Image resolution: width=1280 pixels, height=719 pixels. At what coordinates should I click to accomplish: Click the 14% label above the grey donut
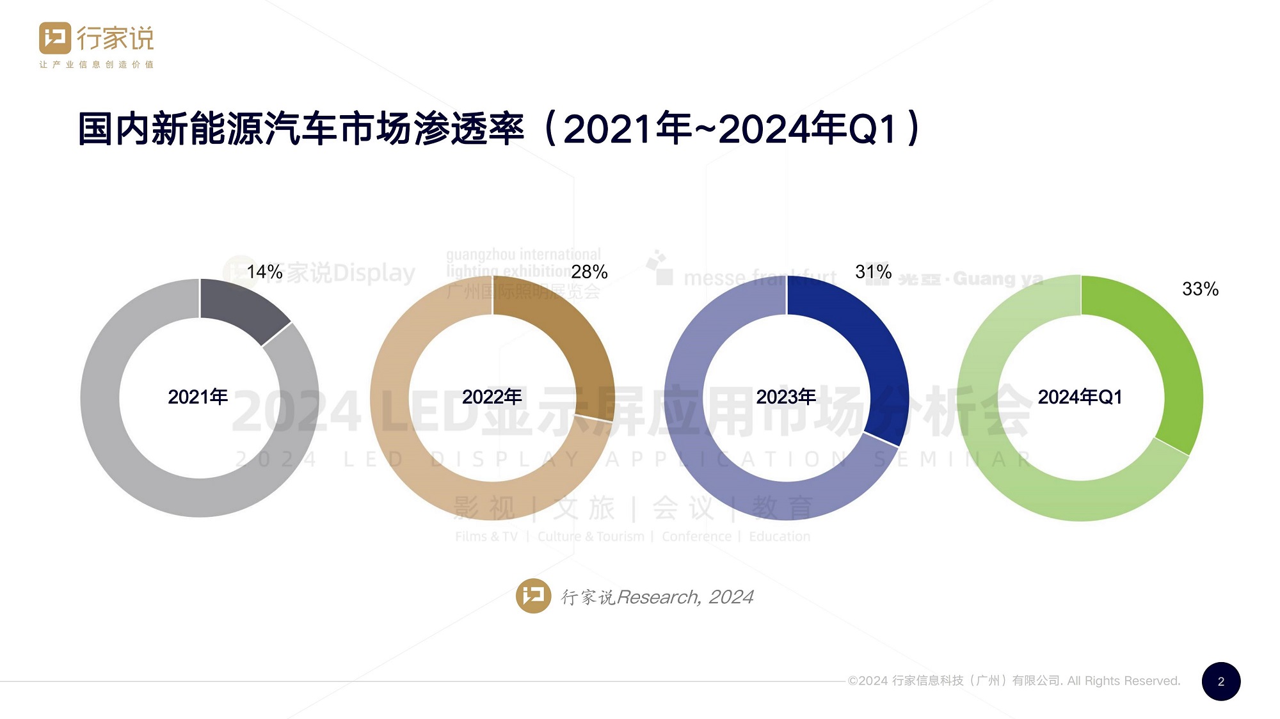pyautogui.click(x=264, y=272)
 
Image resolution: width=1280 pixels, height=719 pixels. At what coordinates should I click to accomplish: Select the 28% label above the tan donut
pyautogui.click(x=589, y=272)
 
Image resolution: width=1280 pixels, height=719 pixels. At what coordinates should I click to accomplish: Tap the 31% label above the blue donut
pyautogui.click(x=873, y=272)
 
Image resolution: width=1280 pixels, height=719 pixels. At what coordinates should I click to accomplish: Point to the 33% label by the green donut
pyautogui.click(x=1200, y=289)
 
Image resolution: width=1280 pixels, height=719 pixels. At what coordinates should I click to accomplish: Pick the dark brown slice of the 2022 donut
pyautogui.click(x=576, y=345)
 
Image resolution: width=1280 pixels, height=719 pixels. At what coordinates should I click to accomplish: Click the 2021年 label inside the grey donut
pyautogui.click(x=198, y=397)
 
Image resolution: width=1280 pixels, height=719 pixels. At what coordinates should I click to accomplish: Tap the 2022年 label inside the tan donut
pyautogui.click(x=492, y=397)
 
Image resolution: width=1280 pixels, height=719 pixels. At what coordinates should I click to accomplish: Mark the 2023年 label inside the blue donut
pyautogui.click(x=786, y=397)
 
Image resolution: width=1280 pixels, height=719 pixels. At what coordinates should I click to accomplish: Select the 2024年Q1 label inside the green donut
pyautogui.click(x=1080, y=397)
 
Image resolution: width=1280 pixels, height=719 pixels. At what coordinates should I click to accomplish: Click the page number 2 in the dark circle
pyautogui.click(x=1220, y=681)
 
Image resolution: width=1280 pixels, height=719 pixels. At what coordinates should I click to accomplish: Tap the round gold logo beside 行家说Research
pyautogui.click(x=533, y=596)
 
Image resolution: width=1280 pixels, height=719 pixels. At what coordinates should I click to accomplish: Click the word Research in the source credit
pyautogui.click(x=658, y=597)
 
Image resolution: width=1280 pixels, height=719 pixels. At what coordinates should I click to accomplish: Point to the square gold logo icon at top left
pyautogui.click(x=55, y=38)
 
